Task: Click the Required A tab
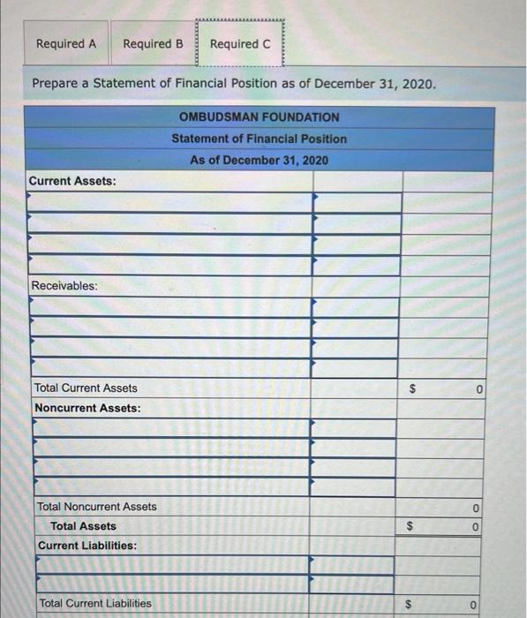pos(66,43)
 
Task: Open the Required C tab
pos(240,43)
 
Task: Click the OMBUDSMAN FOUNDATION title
pos(259,117)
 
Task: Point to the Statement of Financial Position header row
pos(259,139)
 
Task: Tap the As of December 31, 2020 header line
pos(259,160)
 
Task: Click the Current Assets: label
pos(72,181)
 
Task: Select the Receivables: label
pos(64,286)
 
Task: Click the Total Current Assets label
pos(86,388)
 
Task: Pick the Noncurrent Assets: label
pos(87,408)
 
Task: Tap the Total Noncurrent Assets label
pos(97,507)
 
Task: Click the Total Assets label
pos(83,526)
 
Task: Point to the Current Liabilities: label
pos(87,546)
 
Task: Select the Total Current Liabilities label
pos(94,604)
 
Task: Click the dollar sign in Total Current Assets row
pos(410,389)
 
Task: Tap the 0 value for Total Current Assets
pos(475,389)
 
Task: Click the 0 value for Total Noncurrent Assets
pos(475,508)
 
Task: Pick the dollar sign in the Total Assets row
pos(410,527)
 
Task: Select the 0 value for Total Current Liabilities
pos(475,605)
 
